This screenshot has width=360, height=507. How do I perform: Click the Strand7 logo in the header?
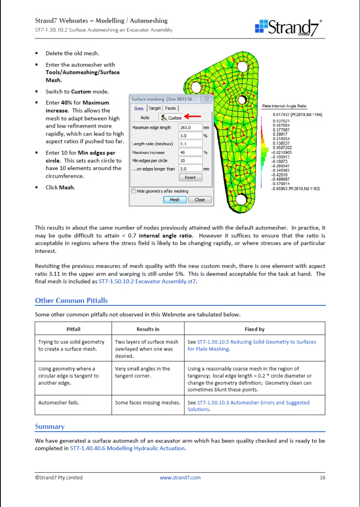(x=288, y=27)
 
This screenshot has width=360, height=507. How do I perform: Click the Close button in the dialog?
(x=200, y=200)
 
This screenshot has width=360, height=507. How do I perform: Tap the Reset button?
(x=190, y=177)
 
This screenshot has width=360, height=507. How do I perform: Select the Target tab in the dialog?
(x=154, y=108)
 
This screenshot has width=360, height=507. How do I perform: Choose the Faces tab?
(x=170, y=108)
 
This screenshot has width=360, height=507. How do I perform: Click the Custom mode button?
(x=171, y=118)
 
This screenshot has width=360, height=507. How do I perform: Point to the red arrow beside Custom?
(x=193, y=116)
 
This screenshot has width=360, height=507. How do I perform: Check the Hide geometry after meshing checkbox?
(x=134, y=191)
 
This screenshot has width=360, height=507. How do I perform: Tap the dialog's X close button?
(x=206, y=99)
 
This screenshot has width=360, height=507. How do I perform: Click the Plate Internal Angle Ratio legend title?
(x=284, y=106)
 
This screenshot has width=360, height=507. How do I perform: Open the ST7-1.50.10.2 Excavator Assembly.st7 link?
(x=148, y=281)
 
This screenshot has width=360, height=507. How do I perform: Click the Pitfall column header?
(x=73, y=329)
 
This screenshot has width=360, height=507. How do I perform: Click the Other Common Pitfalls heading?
(x=71, y=301)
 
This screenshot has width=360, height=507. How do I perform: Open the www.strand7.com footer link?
(x=180, y=477)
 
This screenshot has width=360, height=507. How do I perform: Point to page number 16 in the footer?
(x=322, y=477)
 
